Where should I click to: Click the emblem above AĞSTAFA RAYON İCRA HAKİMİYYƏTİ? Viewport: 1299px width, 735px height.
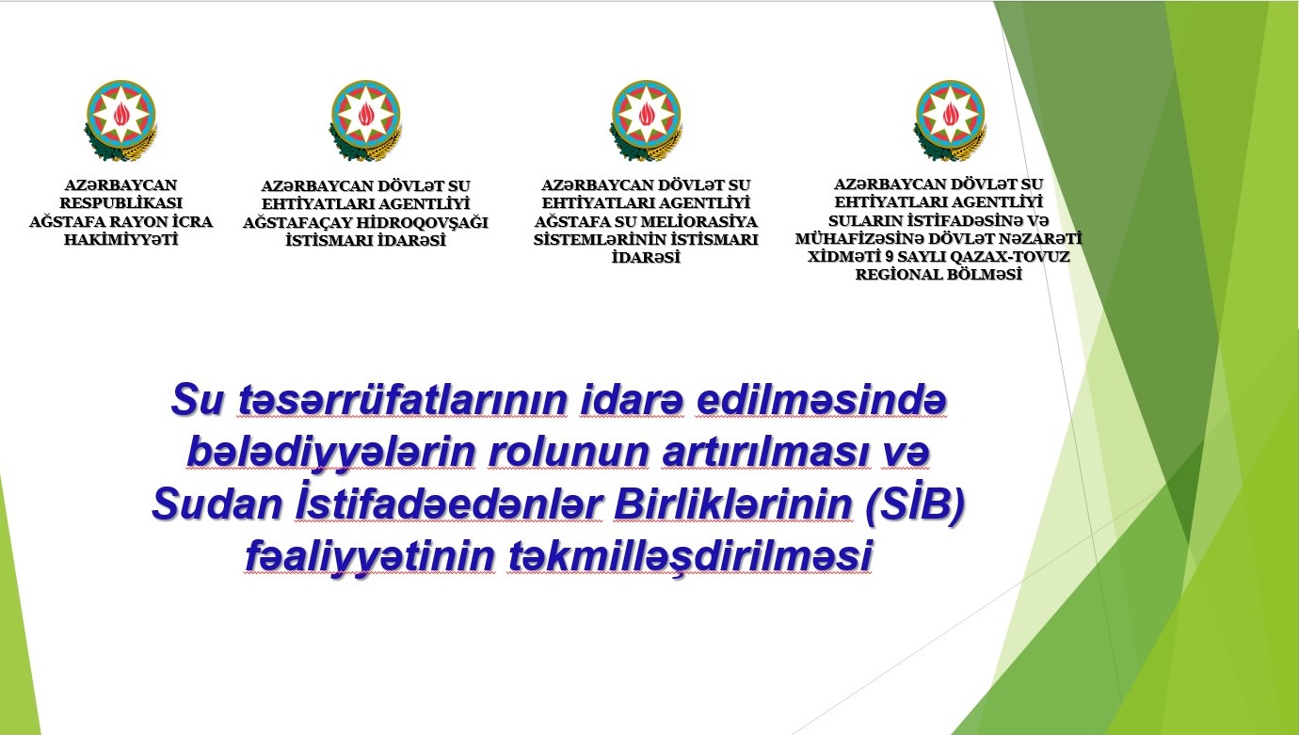pyautogui.click(x=120, y=120)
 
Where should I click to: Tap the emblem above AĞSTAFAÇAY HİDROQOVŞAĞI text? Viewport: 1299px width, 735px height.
pyautogui.click(x=365, y=120)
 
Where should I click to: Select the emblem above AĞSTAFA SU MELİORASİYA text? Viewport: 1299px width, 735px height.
pyautogui.click(x=646, y=120)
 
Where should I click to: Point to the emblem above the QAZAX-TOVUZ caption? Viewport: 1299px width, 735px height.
pyautogui.click(x=950, y=120)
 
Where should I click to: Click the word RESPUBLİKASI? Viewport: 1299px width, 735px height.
pyautogui.click(x=120, y=203)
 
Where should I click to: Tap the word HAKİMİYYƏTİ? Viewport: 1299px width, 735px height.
pyautogui.click(x=120, y=240)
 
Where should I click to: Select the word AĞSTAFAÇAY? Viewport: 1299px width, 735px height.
pyautogui.click(x=297, y=223)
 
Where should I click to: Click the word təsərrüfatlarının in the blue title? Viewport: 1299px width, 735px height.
pyautogui.click(x=403, y=400)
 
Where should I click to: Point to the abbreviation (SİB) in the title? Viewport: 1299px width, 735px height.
pyautogui.click(x=915, y=504)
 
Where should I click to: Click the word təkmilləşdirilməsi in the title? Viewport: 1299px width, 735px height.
pyautogui.click(x=690, y=556)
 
